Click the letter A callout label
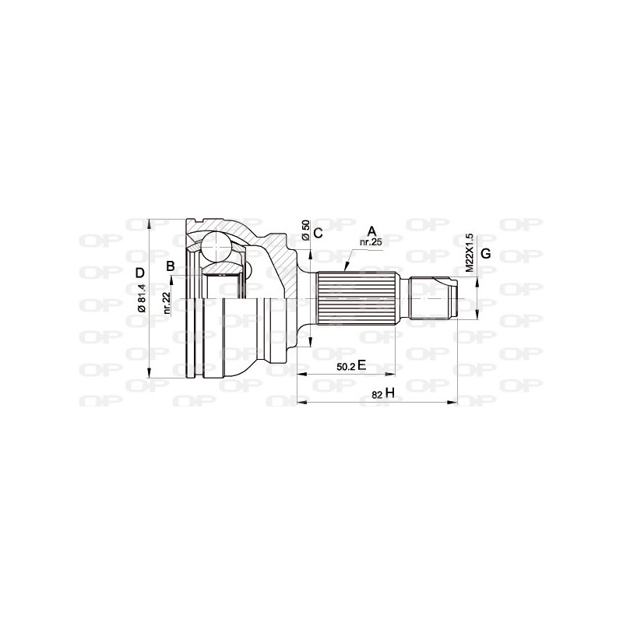pyautogui.click(x=371, y=231)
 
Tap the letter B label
pyautogui.click(x=170, y=267)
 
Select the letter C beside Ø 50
pyautogui.click(x=318, y=232)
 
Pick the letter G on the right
pyautogui.click(x=485, y=254)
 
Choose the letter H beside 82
pyautogui.click(x=391, y=394)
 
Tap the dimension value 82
pyautogui.click(x=377, y=395)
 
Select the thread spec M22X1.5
pyautogui.click(x=469, y=252)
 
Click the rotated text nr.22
pyautogui.click(x=167, y=301)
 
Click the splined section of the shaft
pyautogui.click(x=361, y=299)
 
